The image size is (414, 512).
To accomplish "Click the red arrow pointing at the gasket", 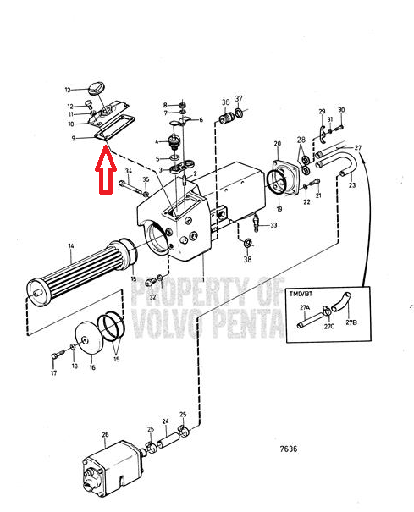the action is pos(106,169).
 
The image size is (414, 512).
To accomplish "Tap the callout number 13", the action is pos(68,90).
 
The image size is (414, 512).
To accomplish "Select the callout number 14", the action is pos(71,245).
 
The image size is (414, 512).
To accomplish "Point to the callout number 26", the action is pos(105,435).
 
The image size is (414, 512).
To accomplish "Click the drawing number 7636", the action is pos(289,449).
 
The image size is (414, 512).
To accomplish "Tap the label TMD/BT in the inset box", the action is pos(301,294).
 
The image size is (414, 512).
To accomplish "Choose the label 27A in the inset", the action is pos(305,307).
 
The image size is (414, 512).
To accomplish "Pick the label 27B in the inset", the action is pos(351,322).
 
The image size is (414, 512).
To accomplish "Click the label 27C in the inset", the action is pos(329,326).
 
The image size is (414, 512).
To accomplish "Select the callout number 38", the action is pos(247,259).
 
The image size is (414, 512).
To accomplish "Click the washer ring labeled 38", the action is pos(248,243).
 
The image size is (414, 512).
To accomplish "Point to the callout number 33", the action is pos(273,225).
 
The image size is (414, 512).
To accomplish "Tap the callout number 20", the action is pos(278,144).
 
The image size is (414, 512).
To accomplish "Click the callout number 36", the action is pos(225,102).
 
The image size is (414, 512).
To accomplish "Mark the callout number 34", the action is pos(129,171).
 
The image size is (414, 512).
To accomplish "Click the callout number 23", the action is pos(352,185).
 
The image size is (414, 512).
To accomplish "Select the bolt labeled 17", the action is pos(56,355).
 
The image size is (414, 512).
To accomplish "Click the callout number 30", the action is pos(341,110).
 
